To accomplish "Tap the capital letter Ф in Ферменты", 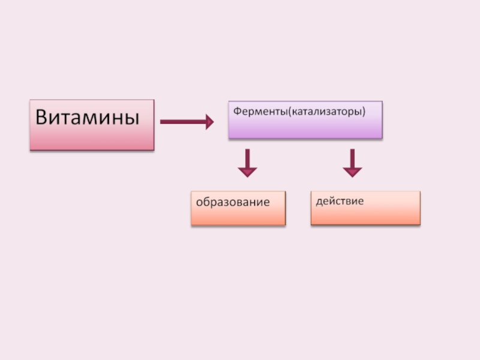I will (237, 111).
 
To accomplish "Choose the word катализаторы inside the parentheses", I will (326, 112).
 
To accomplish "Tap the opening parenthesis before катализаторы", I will (291, 112).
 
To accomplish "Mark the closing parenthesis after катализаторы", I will (364, 112).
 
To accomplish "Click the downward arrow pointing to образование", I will (247, 163).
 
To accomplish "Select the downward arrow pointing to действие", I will (352, 163).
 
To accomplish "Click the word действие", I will (340, 200).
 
